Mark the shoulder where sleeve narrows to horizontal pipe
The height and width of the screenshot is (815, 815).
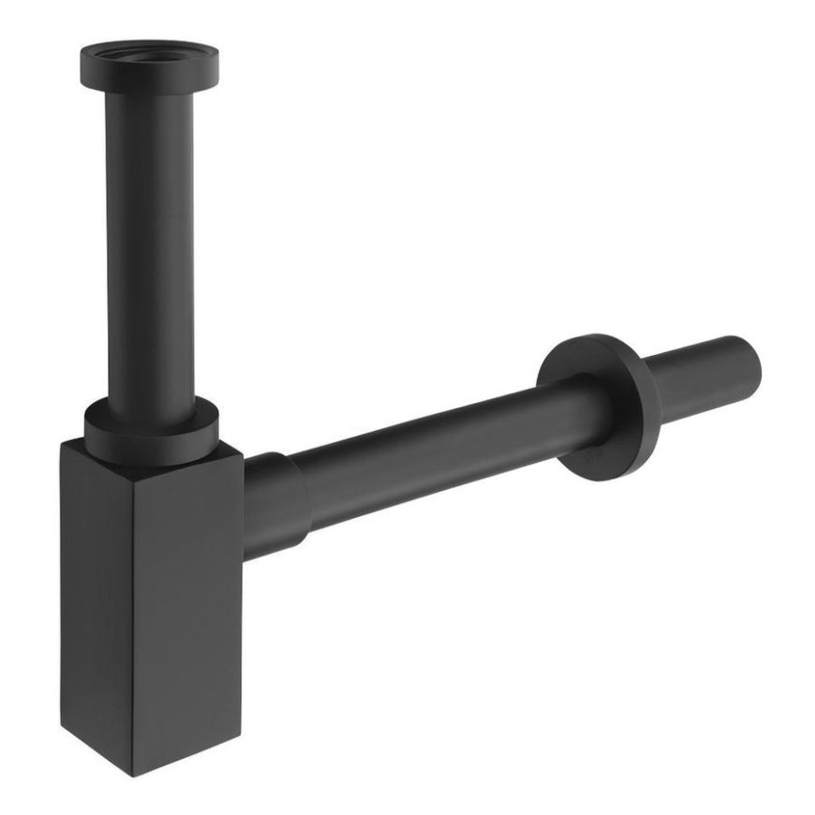pyautogui.click(x=302, y=497)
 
